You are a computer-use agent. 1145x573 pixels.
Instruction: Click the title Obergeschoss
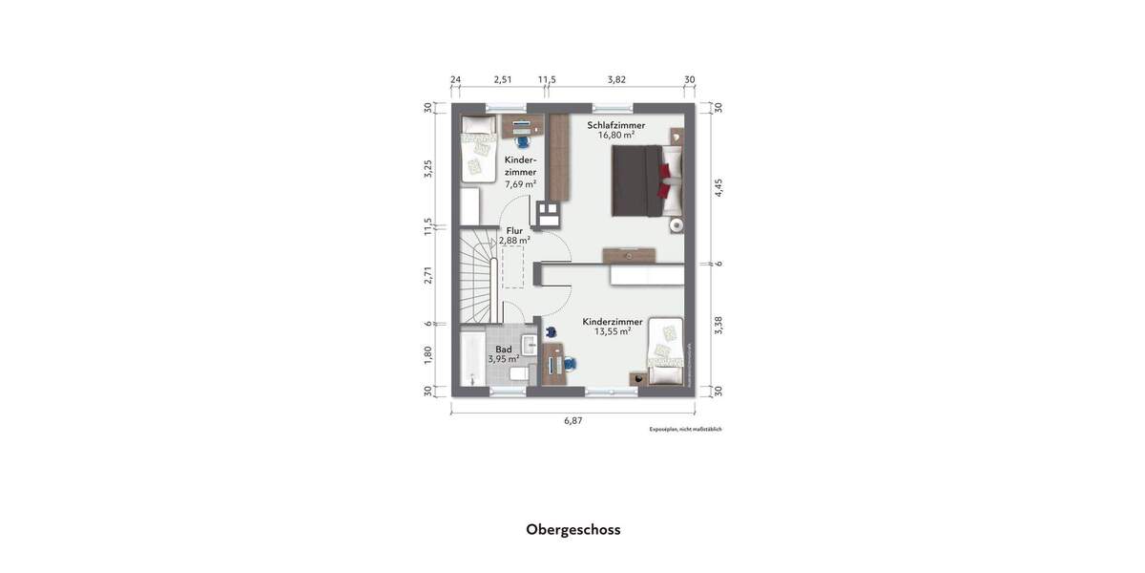pos(572,529)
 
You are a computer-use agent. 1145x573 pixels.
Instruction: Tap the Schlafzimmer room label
pos(615,125)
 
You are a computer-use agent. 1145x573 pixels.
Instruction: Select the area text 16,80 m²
pos(615,136)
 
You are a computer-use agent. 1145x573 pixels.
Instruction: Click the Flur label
pos(514,230)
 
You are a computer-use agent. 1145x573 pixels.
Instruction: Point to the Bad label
pos(503,350)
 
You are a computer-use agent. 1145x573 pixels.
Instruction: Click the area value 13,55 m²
pos(613,331)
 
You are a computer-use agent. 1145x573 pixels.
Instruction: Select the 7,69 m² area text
pos(520,183)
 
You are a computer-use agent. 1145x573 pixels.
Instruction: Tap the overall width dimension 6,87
pos(572,420)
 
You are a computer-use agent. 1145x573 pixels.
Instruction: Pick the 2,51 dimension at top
pos(503,79)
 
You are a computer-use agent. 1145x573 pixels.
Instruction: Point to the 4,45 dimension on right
pos(718,188)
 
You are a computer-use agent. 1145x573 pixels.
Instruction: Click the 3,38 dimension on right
pos(718,325)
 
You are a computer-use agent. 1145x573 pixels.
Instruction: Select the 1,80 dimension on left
pos(428,353)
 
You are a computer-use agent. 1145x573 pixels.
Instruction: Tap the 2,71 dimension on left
pos(428,275)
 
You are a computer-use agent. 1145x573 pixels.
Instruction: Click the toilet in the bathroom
pos(516,376)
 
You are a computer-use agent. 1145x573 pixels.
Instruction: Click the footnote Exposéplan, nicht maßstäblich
pos(685,430)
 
